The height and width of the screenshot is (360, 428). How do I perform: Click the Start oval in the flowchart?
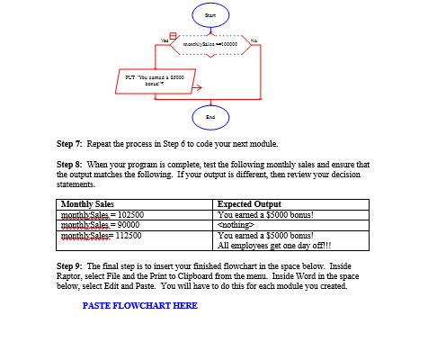[210, 14]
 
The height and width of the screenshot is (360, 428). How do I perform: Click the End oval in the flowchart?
[210, 116]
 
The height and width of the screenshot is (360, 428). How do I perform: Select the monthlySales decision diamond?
[210, 43]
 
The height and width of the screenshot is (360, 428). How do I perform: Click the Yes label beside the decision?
[165, 38]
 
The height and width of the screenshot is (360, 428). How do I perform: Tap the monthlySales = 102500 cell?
[103, 215]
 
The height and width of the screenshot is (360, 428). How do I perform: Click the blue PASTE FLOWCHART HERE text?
[139, 306]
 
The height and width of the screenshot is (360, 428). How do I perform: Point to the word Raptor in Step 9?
[69, 278]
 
